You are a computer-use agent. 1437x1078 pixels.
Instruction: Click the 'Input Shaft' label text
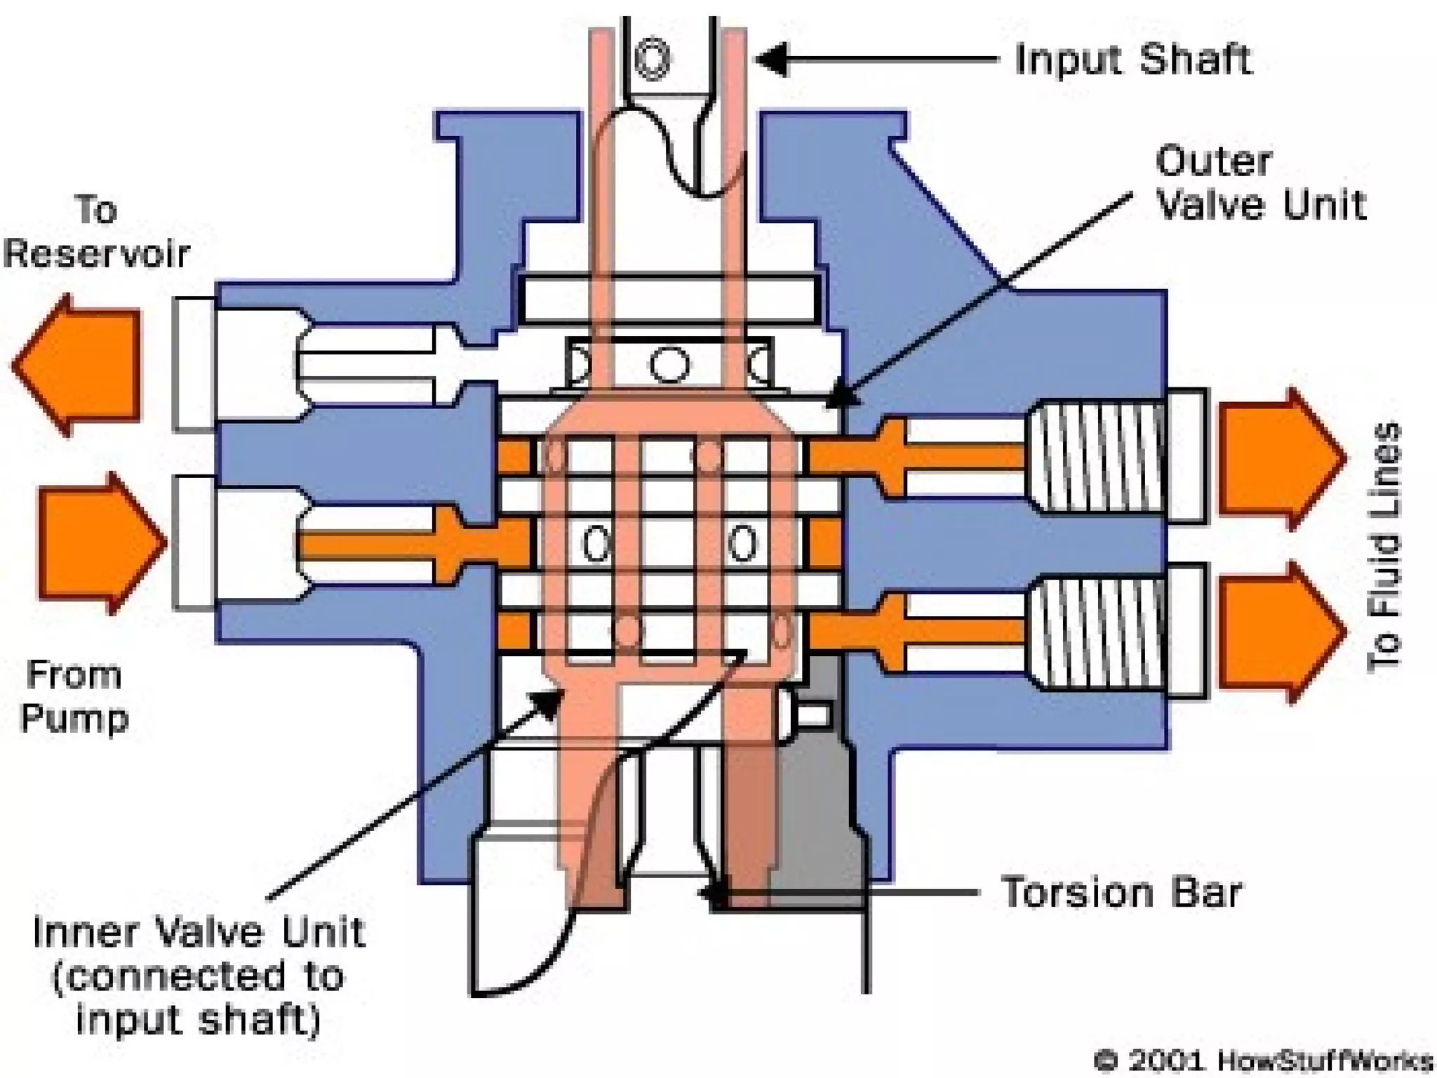[1132, 59]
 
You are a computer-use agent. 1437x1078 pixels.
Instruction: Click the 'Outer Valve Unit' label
[1260, 184]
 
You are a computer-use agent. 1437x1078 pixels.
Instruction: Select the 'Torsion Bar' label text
[1121, 893]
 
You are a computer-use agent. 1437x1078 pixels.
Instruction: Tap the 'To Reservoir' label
[97, 232]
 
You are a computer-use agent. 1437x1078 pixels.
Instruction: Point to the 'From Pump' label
[74, 696]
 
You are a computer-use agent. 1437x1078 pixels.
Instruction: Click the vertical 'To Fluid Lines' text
[1384, 547]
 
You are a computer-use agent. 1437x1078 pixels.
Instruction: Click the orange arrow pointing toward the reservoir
[77, 365]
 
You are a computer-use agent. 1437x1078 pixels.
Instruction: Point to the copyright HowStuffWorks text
[1263, 1060]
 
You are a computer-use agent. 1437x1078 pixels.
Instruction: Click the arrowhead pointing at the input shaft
[772, 60]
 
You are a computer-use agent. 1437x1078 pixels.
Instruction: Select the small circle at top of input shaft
[653, 58]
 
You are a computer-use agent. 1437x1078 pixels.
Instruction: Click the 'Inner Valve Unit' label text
[198, 976]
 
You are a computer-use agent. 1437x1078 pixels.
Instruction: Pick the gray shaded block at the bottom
[817, 807]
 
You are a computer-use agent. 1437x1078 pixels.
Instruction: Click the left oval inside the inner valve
[596, 544]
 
